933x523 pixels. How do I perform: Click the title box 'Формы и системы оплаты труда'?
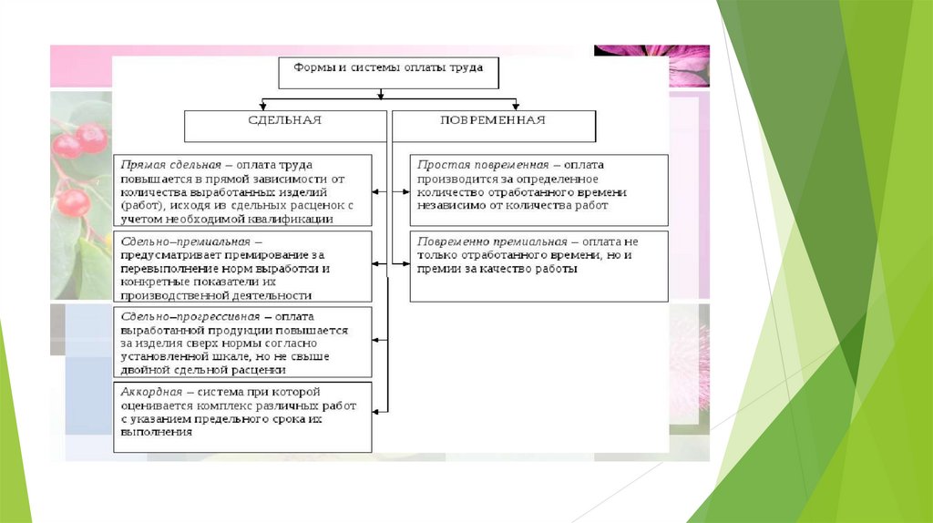387,72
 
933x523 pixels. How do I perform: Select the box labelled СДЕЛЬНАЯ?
284,126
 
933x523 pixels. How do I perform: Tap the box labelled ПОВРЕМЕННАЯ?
493,126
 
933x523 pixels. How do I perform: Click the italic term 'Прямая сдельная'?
169,165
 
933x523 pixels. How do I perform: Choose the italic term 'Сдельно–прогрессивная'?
190,316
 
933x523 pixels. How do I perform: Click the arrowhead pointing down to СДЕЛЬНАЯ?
262,106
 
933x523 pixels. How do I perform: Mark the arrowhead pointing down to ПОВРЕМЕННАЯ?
516,106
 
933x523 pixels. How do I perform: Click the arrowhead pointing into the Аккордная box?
376,412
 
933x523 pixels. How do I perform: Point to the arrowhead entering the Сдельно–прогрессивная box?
376,338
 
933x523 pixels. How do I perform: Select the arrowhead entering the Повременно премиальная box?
405,264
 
